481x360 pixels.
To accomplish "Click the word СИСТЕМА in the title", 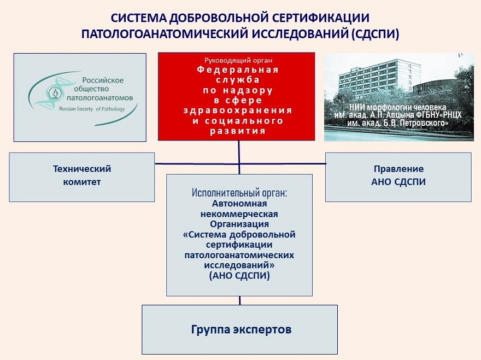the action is (138, 18).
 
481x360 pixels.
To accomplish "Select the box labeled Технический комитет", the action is (82, 177).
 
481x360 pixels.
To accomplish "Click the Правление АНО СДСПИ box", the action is (398, 177).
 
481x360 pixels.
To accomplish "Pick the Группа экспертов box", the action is (239, 329).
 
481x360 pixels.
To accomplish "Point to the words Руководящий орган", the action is (238, 61).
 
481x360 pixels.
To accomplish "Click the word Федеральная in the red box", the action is (238, 69).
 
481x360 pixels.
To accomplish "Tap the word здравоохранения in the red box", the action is (238, 111).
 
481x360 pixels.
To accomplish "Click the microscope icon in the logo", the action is (55, 93).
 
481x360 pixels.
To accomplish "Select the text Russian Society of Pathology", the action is (92, 109).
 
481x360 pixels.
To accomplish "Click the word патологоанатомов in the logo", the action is (99, 98).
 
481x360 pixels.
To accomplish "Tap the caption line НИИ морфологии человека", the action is (398, 108).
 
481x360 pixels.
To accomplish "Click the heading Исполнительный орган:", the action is (239, 193).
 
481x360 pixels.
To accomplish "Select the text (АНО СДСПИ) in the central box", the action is (239, 276).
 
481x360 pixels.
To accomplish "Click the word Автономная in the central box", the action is (239, 204).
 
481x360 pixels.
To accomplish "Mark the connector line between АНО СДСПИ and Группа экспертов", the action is (239, 300).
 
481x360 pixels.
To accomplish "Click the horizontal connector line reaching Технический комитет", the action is (197, 164).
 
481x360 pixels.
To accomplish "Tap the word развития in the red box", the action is (238, 131).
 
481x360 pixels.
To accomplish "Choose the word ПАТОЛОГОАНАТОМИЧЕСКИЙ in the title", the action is (165, 34).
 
